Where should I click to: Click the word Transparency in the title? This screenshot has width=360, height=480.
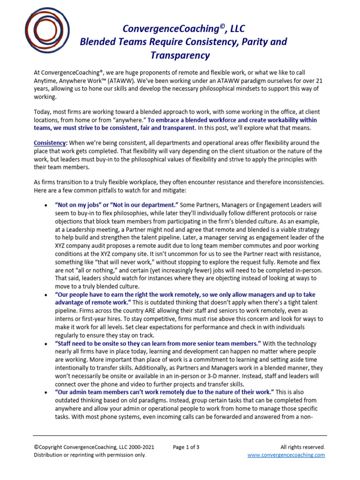tap(180, 55)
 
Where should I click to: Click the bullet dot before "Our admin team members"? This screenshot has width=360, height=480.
tap(45, 391)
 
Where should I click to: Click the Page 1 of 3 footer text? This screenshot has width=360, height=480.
tap(186, 447)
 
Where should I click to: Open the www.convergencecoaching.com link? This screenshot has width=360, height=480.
tap(286, 455)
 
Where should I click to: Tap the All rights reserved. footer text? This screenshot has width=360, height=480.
tap(302, 447)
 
